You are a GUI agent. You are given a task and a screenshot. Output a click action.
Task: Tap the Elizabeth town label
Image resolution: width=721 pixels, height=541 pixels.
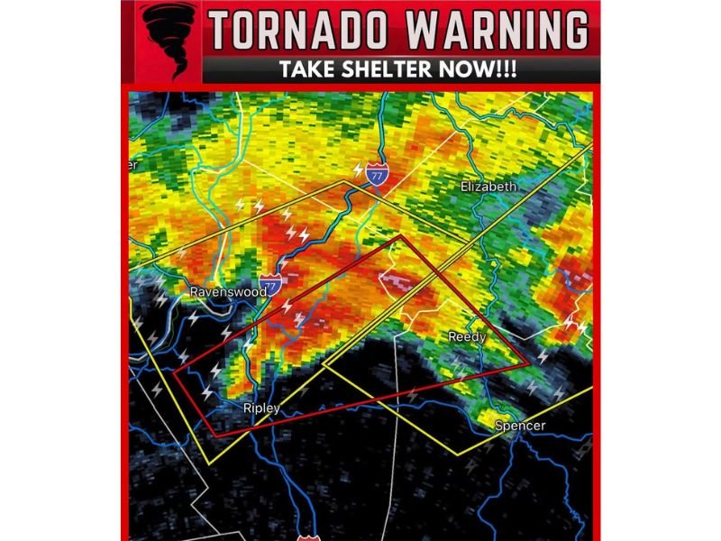tap(488, 187)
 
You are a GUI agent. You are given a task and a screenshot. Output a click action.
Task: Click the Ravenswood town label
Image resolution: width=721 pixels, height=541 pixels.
tap(228, 292)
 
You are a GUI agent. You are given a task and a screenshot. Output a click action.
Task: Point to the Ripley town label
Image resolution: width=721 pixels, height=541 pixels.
tap(261, 408)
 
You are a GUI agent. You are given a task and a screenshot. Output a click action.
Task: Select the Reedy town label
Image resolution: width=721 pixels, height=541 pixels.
tap(467, 336)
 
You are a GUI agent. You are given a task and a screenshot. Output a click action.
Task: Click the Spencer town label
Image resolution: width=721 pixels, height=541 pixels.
tap(520, 426)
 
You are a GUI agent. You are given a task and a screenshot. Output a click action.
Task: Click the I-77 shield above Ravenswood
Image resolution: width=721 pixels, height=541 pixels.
tap(268, 283)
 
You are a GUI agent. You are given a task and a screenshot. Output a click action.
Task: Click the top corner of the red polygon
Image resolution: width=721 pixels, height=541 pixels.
tap(400, 236)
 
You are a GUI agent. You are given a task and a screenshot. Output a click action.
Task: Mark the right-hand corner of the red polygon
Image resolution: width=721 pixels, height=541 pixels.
tap(528, 364)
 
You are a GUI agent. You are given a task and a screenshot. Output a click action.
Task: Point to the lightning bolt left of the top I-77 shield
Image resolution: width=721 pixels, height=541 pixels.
tap(358, 170)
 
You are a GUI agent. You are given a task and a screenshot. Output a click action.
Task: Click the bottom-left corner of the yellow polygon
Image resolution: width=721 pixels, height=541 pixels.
tap(209, 463)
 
